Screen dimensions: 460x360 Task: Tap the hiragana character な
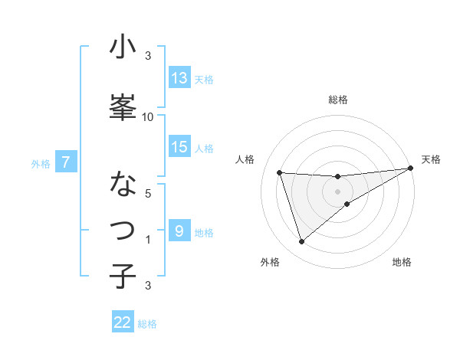(123, 185)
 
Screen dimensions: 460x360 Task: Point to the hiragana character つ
(123, 230)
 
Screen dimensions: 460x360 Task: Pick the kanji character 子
(123, 276)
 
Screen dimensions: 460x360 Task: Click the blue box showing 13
(179, 78)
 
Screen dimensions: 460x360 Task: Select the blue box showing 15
(179, 147)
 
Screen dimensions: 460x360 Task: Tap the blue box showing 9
(179, 231)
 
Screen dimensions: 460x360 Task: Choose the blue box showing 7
(67, 162)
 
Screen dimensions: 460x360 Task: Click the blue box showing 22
(123, 322)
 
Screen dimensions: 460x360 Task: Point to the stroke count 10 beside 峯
(148, 116)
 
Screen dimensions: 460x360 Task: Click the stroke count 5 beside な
(148, 193)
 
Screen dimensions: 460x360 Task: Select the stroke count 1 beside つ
(148, 240)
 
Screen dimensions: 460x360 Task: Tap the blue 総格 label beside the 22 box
(147, 324)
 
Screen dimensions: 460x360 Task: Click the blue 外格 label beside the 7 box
(41, 163)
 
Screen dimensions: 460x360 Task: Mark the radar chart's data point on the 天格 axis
(411, 169)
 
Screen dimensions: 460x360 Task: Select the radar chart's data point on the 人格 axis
(280, 172)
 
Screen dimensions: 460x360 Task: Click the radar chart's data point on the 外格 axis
(301, 242)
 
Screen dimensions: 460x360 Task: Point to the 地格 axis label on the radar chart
(402, 263)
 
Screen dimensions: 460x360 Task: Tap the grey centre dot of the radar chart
(337, 191)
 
